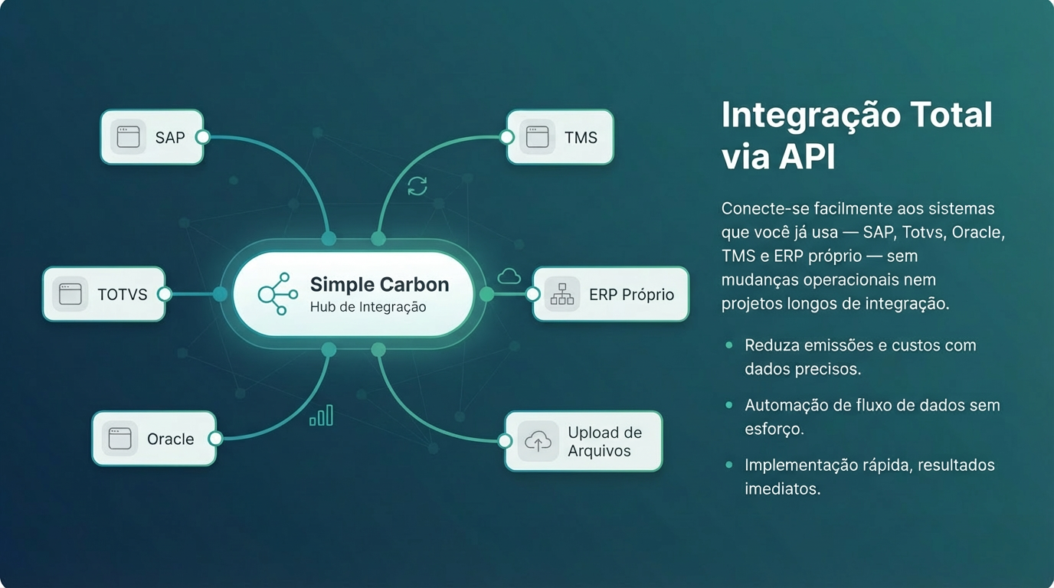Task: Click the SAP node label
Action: pos(170,138)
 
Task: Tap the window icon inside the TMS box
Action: pos(538,137)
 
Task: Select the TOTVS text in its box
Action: pos(123,295)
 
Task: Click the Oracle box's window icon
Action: pos(120,439)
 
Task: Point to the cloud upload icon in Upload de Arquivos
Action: pos(538,441)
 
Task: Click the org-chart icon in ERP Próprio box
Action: pos(562,294)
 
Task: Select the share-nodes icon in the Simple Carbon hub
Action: pos(277,294)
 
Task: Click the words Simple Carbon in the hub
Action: pos(379,285)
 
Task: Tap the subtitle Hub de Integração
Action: pos(368,307)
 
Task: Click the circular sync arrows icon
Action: pos(417,185)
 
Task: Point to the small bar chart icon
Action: pos(321,416)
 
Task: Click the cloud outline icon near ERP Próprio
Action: pos(509,276)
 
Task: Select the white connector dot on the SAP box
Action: pos(202,137)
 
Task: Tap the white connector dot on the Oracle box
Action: pos(215,439)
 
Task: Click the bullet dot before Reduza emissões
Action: pos(729,345)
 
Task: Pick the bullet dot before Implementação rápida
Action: pos(729,465)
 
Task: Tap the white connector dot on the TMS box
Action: pos(506,138)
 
